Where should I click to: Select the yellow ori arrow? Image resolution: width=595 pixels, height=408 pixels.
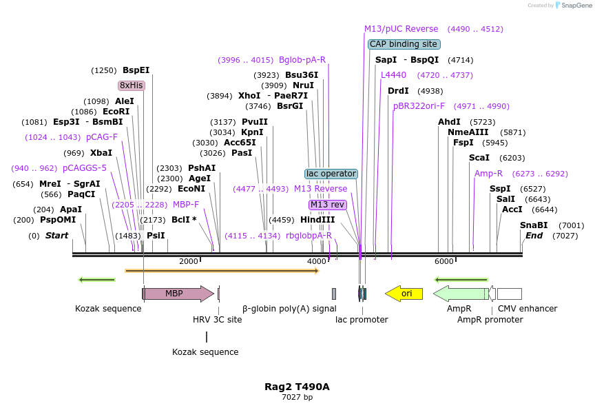point(404,294)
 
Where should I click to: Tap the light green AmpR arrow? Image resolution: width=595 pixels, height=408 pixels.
point(460,294)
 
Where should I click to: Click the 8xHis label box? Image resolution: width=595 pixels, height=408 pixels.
point(132,85)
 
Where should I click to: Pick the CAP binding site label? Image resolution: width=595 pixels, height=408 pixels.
point(404,44)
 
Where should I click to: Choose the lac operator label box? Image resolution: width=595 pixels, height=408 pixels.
point(331,174)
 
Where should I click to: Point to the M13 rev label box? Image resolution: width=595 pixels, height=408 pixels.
point(327,205)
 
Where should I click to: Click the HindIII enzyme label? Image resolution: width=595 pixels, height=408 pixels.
point(317,220)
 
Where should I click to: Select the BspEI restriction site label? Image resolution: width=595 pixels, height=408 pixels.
point(136,70)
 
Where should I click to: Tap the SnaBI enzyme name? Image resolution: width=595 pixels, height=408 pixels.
point(534,225)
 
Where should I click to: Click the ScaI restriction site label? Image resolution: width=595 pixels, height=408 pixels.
point(479,158)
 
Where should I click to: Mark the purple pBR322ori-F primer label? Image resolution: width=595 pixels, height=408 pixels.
point(419,106)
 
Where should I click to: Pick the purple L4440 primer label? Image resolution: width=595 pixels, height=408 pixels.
point(394,75)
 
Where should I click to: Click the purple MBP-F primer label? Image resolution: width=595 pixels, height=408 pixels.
point(186,205)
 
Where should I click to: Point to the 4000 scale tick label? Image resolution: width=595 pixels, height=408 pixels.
point(317,261)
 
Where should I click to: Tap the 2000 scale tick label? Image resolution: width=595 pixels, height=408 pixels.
point(188,261)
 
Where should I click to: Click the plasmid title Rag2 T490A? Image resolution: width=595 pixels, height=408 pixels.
point(297,387)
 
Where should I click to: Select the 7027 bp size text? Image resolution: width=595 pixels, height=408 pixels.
point(297,398)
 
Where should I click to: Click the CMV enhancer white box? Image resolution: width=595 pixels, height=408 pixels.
point(510,294)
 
